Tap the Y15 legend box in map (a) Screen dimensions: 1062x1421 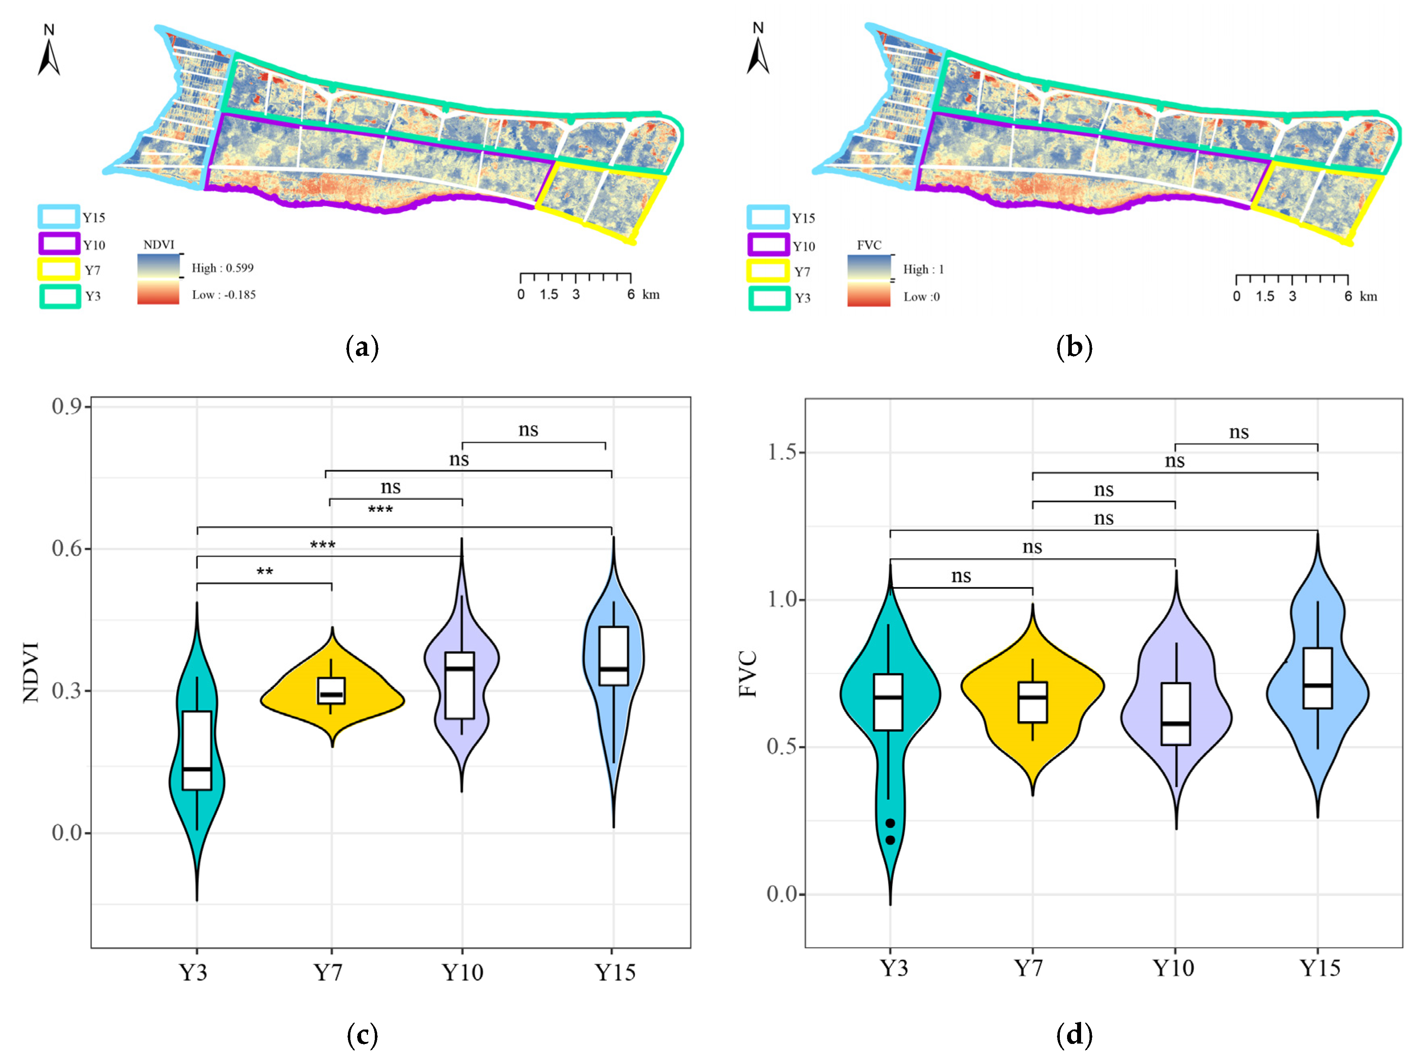(x=59, y=217)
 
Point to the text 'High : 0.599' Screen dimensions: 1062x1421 (x=222, y=268)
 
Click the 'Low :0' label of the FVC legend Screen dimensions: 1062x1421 (x=921, y=297)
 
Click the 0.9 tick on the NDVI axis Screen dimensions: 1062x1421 (x=66, y=406)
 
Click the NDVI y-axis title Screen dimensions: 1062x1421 (x=31, y=672)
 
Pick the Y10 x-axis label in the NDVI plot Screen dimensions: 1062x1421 (x=463, y=973)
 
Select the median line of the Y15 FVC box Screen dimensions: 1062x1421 (x=1317, y=686)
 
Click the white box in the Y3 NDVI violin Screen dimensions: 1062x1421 (x=197, y=750)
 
